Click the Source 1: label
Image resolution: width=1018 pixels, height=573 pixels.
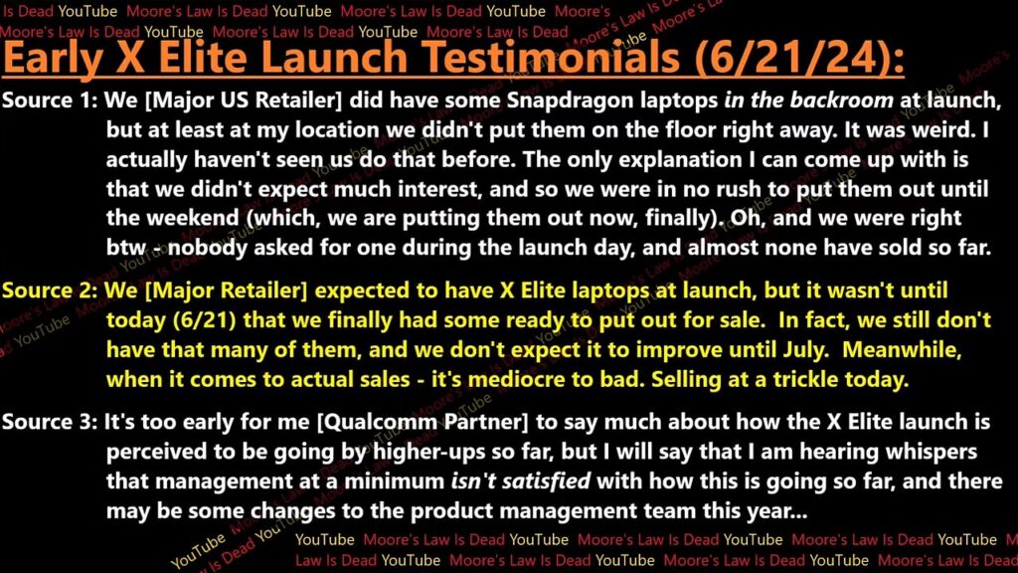click(x=50, y=100)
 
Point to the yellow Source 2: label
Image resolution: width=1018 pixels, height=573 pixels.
click(x=50, y=290)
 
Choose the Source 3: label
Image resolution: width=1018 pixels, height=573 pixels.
click(x=50, y=422)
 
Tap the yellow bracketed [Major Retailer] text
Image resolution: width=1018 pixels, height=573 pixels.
click(x=226, y=291)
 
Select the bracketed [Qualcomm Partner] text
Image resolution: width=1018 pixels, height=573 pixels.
click(x=422, y=423)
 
